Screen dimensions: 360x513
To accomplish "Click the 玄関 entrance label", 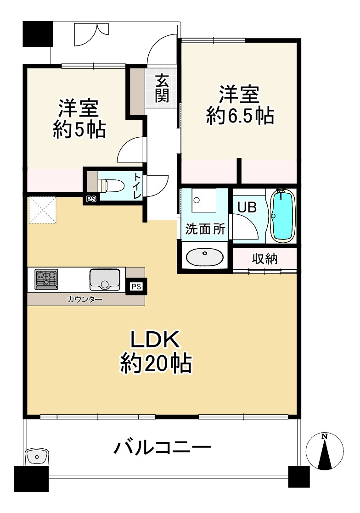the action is [162, 88].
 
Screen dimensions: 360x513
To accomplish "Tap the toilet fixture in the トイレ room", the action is [111, 185].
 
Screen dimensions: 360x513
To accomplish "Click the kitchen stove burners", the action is [46, 279].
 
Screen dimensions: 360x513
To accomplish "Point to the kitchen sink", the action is [105, 280].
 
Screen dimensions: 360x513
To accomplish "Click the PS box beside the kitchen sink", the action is [136, 286].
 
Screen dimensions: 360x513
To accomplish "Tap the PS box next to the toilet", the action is [91, 199].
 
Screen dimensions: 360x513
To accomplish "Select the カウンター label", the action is [85, 299].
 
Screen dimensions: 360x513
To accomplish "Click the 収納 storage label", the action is [265, 259].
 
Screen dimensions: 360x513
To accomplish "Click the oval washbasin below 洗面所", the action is [204, 257].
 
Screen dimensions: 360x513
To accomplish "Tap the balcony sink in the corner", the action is [37, 457].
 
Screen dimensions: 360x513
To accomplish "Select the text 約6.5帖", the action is [240, 116].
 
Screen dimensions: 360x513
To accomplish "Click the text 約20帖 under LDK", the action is [156, 363].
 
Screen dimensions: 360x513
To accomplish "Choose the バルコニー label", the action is [163, 447].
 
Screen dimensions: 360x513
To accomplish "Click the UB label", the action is [247, 207].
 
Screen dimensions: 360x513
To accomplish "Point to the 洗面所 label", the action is [205, 229].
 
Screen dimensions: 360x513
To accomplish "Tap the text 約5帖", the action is [79, 129].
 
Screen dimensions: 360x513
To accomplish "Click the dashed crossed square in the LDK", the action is [43, 210].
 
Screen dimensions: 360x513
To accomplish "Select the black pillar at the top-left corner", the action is [38, 33].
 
